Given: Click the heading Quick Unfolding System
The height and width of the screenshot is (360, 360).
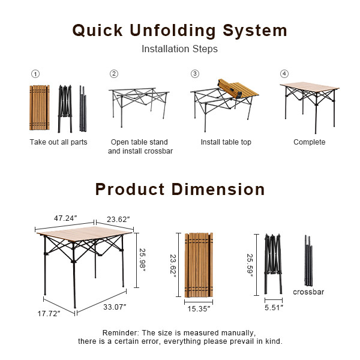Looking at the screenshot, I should pos(179,31).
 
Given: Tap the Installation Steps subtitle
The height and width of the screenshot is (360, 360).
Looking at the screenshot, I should pos(179,49).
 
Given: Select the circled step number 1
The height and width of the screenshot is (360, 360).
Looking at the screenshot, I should pos(35,74).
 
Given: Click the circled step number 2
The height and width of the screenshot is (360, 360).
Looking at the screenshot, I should pos(113,74).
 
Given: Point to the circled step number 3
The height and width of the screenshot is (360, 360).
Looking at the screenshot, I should pos(194,74).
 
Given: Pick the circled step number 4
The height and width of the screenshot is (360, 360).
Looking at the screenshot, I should pos(284,74).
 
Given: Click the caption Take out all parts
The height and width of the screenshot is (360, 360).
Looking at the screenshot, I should pos(58,142).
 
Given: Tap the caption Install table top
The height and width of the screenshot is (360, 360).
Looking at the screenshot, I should pos(226,142).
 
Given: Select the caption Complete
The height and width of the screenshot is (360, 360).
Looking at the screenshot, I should pos(309,142).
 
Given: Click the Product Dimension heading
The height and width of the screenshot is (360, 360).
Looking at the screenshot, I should pos(179,190).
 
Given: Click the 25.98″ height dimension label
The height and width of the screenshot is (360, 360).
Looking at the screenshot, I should pos(142,260).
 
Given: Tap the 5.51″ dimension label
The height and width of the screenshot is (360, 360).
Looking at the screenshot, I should pos(274,308).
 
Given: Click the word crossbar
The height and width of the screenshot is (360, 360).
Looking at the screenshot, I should pos(308,292).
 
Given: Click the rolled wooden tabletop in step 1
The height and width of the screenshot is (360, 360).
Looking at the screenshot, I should pos(39,108).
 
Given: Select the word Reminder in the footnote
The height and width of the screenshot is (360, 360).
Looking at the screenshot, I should pos(120,332).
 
